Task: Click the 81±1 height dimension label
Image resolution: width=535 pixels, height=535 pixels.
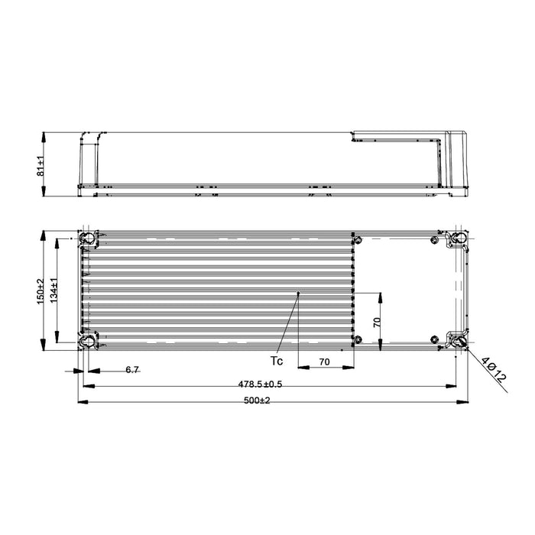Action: coord(41,164)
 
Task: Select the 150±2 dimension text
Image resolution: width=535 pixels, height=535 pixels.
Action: coord(41,290)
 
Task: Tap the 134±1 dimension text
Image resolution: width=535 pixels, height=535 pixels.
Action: coord(53,290)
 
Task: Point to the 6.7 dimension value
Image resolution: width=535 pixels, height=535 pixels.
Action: coord(131,370)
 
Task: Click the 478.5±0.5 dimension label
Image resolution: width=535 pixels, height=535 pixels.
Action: coord(256,384)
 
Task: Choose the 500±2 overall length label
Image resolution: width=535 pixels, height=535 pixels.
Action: coord(256,400)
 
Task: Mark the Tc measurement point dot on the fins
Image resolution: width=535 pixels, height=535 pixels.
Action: coord(299,293)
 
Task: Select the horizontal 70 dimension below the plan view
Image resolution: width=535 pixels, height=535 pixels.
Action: coord(324,362)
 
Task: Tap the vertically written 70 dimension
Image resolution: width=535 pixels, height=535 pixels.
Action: coord(375,322)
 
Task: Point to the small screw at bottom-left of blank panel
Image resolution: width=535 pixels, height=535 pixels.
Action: coord(355,339)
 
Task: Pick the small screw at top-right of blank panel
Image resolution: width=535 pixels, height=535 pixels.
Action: coord(435,240)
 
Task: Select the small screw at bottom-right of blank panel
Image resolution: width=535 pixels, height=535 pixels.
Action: coord(435,339)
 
